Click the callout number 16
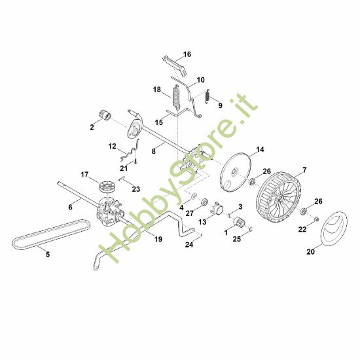point(187,54)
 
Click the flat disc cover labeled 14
point(232,172)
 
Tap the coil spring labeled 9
point(207,96)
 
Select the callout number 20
point(310,250)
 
